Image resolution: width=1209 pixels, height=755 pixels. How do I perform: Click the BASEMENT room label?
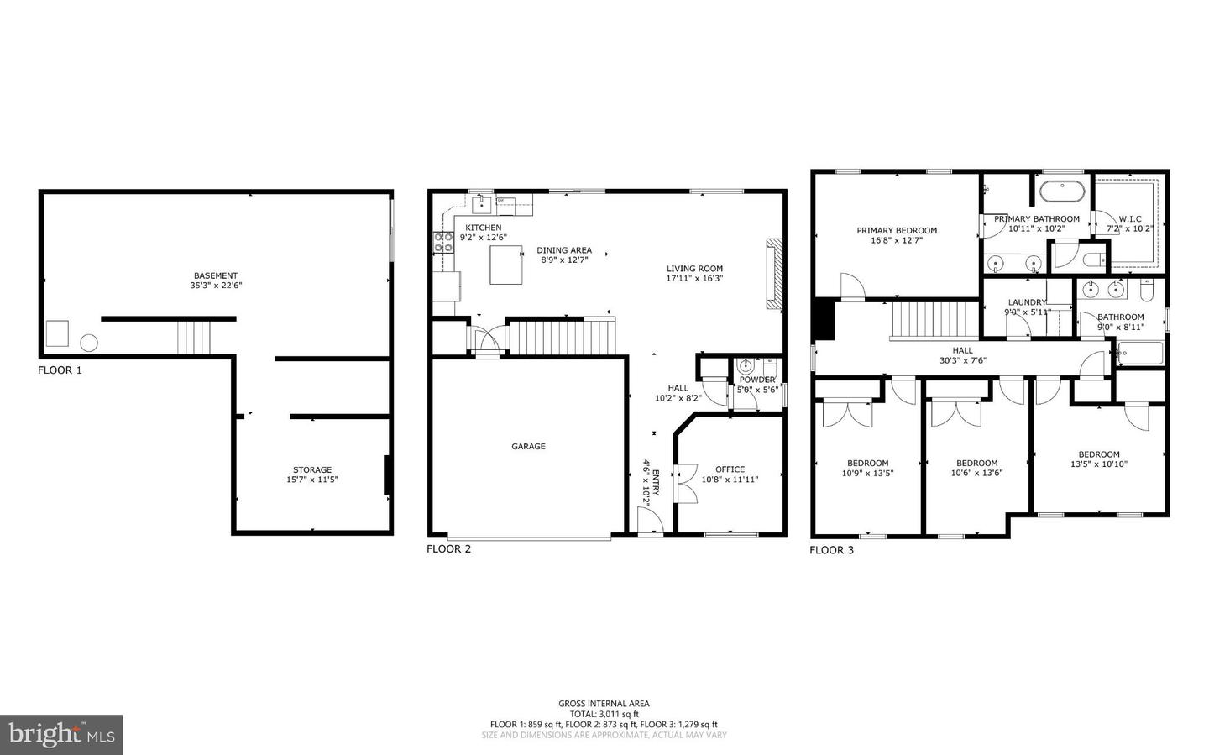point(216,275)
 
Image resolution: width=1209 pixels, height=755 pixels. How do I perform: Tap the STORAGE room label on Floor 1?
point(312,469)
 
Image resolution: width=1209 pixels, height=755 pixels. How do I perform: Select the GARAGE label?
point(528,447)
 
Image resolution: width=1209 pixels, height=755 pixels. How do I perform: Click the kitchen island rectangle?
point(506,265)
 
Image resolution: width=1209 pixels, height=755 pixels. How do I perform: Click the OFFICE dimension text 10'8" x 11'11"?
point(730,480)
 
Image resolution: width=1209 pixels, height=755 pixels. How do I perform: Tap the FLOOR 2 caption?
point(448,549)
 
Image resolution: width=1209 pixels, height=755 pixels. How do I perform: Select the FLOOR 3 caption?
point(831,550)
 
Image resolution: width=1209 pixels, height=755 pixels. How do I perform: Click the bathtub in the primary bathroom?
point(1061,191)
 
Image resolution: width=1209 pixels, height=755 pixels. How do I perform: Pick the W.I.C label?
point(1129,219)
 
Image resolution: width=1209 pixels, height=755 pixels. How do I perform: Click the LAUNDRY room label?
point(1027,302)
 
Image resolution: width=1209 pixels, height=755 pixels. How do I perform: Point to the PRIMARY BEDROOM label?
point(897,230)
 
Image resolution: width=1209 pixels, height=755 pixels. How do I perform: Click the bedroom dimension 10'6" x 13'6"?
point(976,473)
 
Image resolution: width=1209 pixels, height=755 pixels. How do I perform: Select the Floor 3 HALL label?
point(962,351)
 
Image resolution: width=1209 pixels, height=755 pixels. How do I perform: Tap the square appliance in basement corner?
point(57,333)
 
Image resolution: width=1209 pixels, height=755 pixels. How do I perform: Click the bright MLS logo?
point(61,735)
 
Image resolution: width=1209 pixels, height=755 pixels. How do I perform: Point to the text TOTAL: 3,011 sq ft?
point(604,714)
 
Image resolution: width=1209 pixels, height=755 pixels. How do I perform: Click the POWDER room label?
point(757,380)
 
